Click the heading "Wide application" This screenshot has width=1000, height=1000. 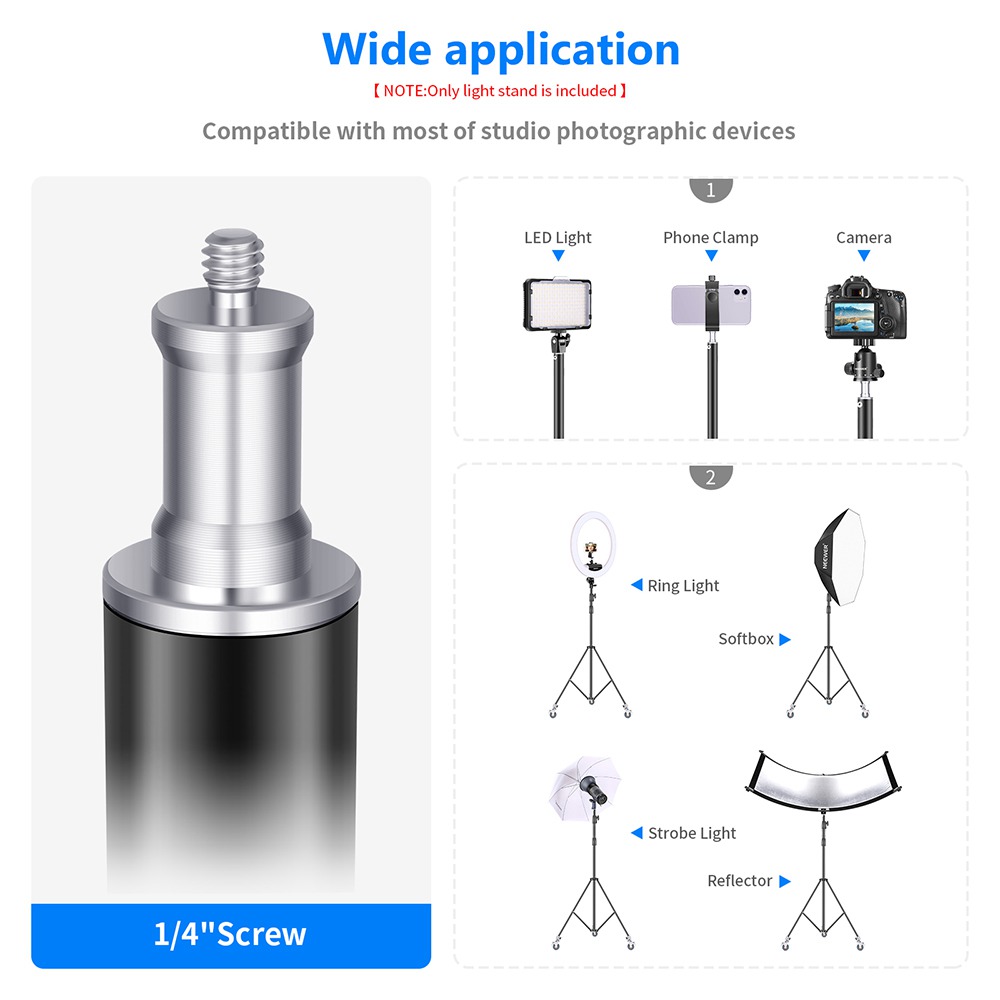click(x=501, y=50)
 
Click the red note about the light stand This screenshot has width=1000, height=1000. click(x=499, y=91)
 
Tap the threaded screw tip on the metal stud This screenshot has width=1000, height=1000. click(x=233, y=258)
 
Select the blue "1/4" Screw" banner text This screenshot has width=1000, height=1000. click(x=230, y=934)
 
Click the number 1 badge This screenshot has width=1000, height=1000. click(x=710, y=189)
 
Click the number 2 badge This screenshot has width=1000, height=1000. click(x=710, y=476)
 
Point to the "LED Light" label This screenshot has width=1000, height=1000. click(x=557, y=238)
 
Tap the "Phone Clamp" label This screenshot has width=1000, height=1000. click(x=710, y=238)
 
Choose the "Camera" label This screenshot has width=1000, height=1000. click(x=864, y=238)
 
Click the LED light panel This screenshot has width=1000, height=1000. click(x=557, y=304)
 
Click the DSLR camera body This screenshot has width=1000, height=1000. click(x=865, y=309)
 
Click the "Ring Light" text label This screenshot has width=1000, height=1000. click(x=683, y=585)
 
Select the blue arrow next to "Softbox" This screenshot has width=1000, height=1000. click(x=784, y=639)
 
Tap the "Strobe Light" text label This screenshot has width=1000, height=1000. click(x=692, y=833)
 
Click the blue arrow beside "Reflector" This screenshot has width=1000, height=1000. click(x=784, y=881)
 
